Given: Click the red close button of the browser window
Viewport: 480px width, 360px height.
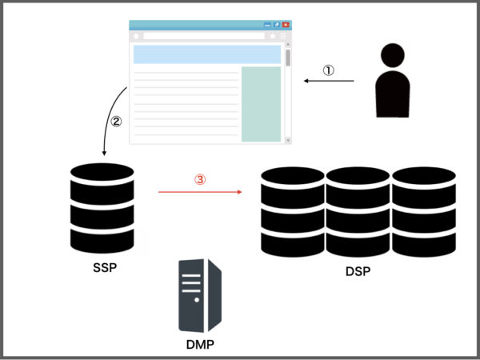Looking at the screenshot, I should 285,26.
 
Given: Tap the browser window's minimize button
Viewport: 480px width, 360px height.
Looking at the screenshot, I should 267,26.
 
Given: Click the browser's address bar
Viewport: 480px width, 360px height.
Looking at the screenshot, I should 203,36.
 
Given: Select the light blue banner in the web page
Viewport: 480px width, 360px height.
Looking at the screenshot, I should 206,54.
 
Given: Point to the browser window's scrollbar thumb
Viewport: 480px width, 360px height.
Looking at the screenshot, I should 287,58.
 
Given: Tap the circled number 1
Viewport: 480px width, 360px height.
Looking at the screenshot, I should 328,70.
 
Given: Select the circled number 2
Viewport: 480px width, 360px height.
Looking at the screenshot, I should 117,122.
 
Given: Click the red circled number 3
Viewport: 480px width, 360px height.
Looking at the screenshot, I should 200,181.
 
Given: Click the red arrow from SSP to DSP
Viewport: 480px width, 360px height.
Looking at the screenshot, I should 200,193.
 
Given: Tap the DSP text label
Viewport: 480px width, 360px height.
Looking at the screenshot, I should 357,272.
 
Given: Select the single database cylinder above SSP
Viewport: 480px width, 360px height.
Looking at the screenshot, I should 102,206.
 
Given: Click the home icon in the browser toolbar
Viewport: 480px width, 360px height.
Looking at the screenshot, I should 137,36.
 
